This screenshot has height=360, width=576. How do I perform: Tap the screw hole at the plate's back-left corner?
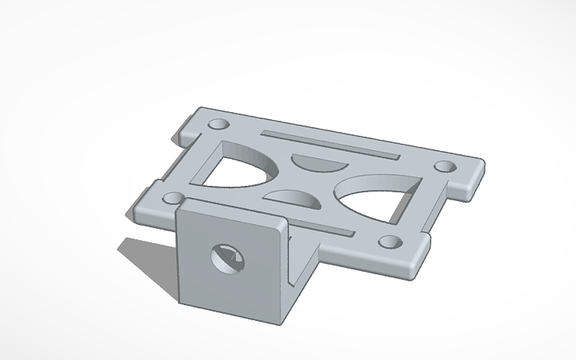pyautogui.click(x=216, y=124)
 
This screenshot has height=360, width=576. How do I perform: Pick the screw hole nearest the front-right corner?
pyautogui.click(x=389, y=242)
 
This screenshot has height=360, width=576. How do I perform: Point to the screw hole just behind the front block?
pyautogui.click(x=172, y=197)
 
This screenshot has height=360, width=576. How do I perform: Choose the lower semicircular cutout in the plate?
pyautogui.click(x=294, y=199)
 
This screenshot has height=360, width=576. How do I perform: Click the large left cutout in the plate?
pyautogui.click(x=235, y=167)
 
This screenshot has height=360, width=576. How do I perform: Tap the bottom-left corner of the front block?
pyautogui.click(x=180, y=302)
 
